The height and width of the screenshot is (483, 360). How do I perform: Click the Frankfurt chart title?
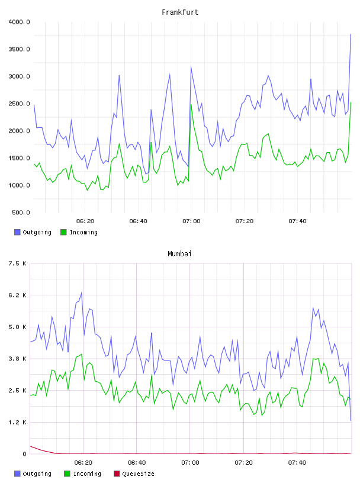coord(180,12)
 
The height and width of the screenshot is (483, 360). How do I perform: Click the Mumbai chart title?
coord(179,253)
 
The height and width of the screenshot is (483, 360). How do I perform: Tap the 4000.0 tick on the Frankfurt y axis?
coord(19,22)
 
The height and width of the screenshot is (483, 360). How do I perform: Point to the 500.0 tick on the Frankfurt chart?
coord(21,212)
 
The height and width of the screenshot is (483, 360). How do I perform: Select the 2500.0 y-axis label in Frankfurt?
coord(19,104)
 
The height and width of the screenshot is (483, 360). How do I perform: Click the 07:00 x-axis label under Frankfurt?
coord(191,221)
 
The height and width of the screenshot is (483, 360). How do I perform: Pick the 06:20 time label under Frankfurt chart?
coord(85,221)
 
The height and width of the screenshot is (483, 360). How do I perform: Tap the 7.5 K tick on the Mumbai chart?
coord(17,263)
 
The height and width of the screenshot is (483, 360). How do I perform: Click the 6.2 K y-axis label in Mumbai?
coord(17,295)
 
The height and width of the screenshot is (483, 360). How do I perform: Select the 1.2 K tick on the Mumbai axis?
coord(17,422)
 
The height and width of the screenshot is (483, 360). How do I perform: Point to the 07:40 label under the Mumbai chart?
coord(297,462)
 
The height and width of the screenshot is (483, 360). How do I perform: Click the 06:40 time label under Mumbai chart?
coord(137,462)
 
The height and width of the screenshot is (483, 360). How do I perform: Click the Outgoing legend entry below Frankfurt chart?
coord(33,232)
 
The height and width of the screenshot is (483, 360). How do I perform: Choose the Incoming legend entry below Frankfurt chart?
coord(79,232)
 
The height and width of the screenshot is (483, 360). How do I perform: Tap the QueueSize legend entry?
coord(134,474)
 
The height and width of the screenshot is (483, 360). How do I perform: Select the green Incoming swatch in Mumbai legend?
coord(67,474)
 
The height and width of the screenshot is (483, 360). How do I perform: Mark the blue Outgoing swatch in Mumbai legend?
coord(17,474)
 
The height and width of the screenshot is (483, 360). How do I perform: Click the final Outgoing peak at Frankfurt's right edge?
coord(351,34)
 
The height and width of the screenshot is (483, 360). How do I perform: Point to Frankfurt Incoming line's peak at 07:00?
coord(191,105)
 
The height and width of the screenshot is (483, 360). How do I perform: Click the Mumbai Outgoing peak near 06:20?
coord(82,292)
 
